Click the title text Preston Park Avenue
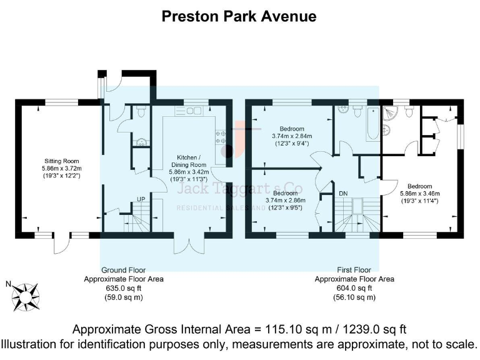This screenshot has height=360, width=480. pos(239,16)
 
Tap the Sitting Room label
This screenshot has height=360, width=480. pos(57,161)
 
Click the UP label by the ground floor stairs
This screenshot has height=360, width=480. pos(141,199)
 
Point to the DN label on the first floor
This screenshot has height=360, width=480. pos(343,194)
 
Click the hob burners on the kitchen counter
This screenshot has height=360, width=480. pos(221,137)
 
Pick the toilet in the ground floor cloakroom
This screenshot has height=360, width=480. pos(141,112)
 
